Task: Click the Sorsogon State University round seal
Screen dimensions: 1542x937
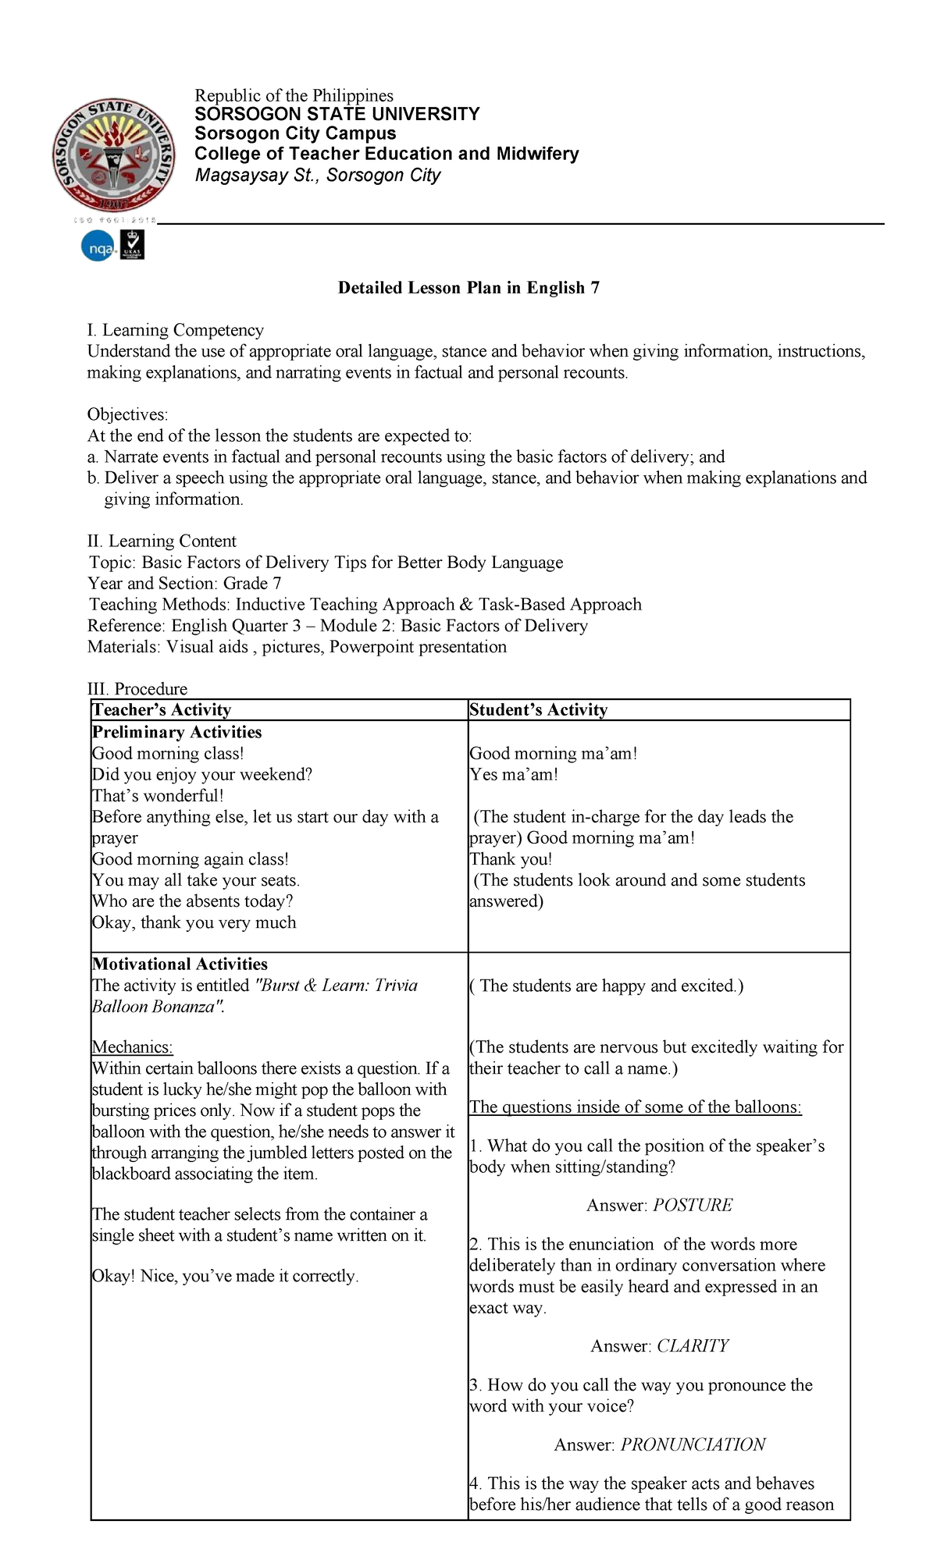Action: tap(114, 155)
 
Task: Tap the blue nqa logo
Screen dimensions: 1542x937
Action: tap(98, 248)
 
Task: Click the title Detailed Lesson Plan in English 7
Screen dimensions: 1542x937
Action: tap(468, 288)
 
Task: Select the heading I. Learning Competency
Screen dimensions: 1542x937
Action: tap(175, 330)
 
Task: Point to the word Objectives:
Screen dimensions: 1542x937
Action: tap(127, 414)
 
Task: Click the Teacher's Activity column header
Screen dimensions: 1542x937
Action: tap(162, 709)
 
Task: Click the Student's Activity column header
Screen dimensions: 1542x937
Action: tap(538, 709)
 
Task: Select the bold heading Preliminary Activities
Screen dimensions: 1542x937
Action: tap(176, 732)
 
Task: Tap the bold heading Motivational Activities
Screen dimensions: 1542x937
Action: tap(180, 964)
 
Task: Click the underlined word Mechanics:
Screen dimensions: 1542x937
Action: tap(132, 1047)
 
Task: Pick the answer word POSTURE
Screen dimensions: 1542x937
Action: tap(693, 1205)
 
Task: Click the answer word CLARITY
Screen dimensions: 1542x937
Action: tap(693, 1345)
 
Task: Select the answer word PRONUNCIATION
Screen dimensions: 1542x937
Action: tap(693, 1444)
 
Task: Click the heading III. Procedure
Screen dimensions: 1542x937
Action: tap(137, 689)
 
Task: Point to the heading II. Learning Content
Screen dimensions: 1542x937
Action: tap(162, 541)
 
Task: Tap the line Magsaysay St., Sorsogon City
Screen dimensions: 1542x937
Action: tap(318, 175)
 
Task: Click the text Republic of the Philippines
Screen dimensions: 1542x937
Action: tap(294, 95)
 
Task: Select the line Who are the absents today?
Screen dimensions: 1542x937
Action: tap(192, 901)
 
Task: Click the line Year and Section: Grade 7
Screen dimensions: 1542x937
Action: tap(185, 583)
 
